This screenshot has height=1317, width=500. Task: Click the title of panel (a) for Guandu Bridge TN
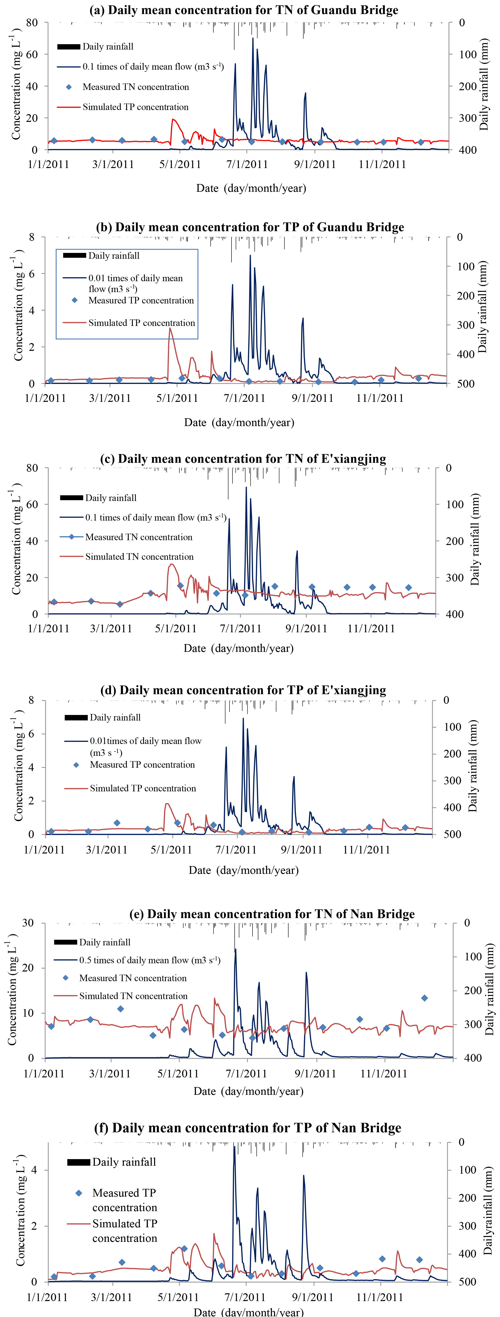[244, 10]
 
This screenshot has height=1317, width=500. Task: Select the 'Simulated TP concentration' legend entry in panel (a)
[135, 107]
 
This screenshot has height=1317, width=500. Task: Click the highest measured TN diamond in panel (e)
[424, 998]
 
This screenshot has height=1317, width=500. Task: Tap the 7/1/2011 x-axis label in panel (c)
[240, 628]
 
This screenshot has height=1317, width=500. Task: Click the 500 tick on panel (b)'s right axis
[466, 383]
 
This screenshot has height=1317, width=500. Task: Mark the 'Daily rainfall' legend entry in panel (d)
[115, 717]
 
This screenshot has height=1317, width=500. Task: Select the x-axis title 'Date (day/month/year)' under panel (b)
[239, 422]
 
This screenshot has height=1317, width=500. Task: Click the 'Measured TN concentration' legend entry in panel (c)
[139, 537]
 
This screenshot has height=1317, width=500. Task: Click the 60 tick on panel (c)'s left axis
[32, 504]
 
